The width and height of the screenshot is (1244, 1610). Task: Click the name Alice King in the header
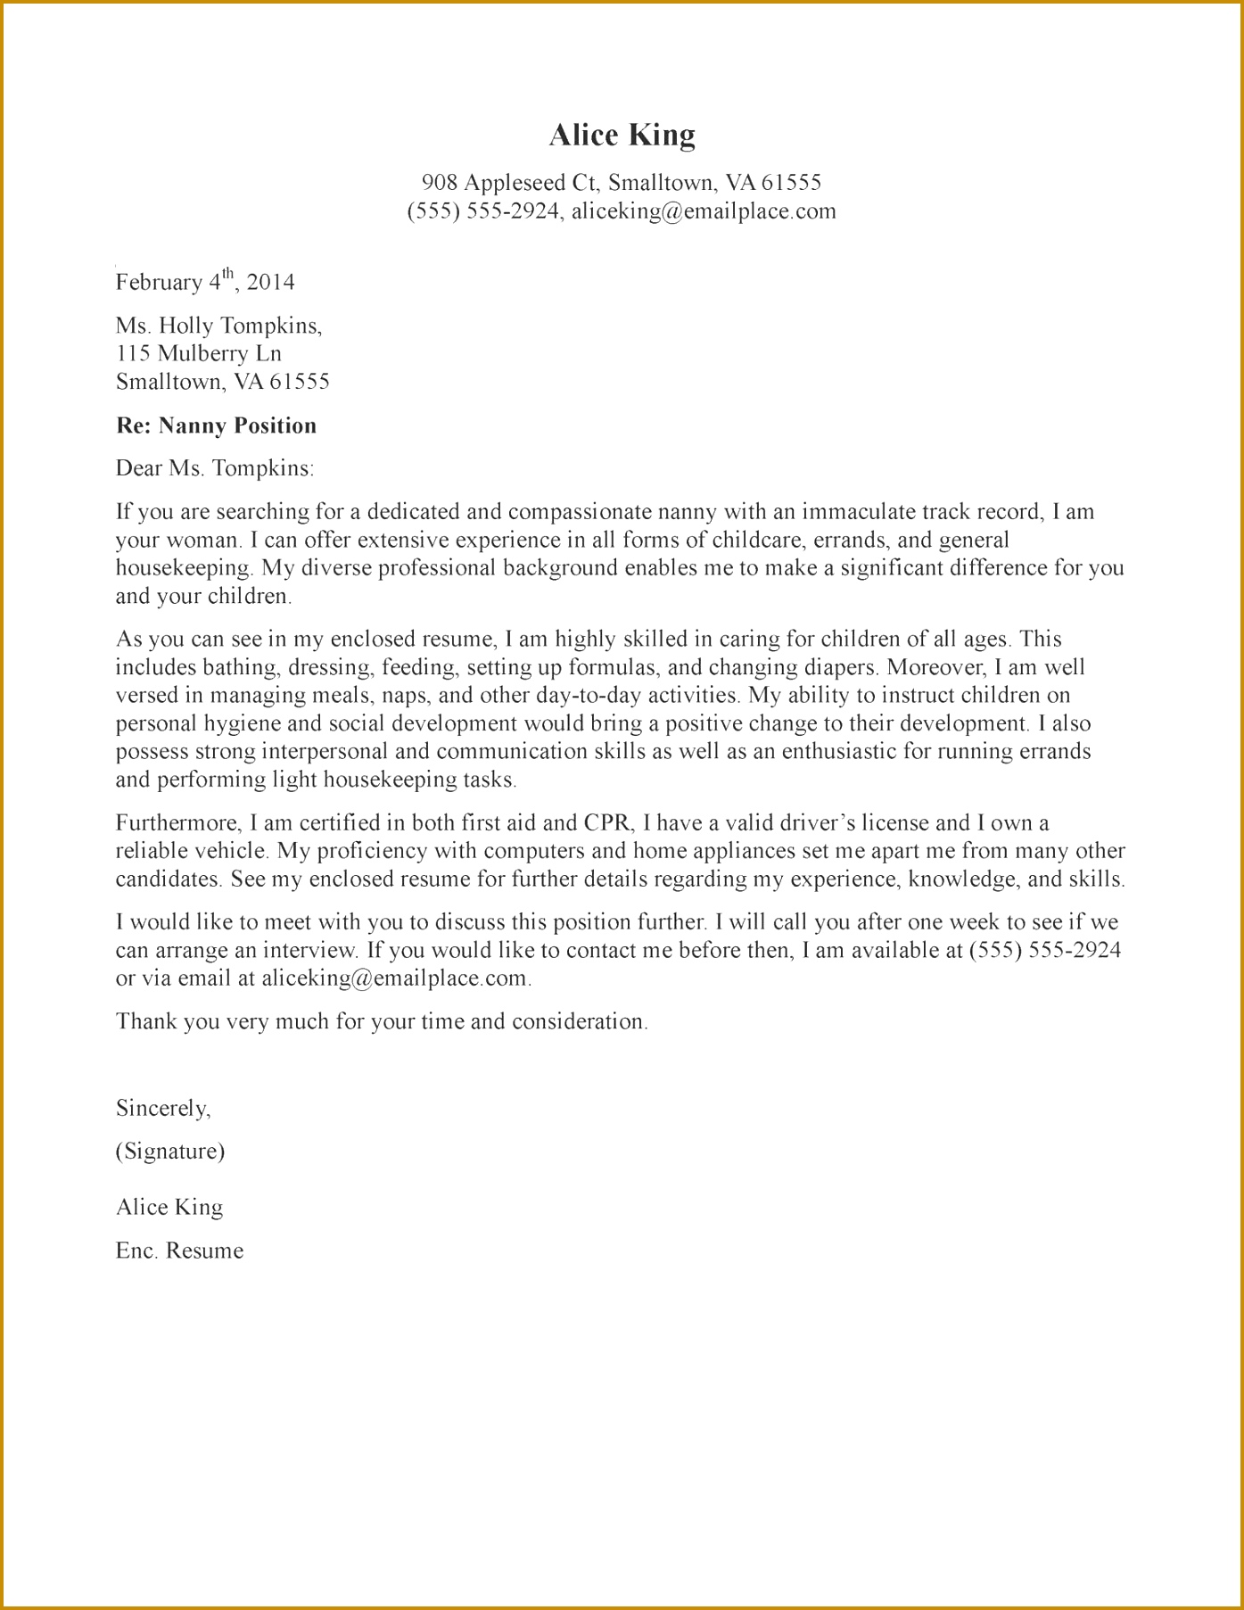(x=622, y=135)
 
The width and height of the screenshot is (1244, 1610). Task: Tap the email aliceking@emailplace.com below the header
(x=704, y=211)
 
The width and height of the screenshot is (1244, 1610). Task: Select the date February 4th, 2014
(x=205, y=282)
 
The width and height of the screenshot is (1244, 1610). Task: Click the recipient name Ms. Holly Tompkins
(x=218, y=326)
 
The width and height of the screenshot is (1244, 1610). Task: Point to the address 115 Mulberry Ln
(x=199, y=353)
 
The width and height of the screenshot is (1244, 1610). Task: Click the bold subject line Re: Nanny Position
(x=216, y=425)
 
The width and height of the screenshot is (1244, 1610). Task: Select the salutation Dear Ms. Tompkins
(x=214, y=468)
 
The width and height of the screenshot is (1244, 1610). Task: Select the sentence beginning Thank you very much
(x=381, y=1021)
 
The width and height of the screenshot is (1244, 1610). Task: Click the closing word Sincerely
(x=163, y=1108)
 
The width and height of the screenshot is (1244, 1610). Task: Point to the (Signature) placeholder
(x=170, y=1152)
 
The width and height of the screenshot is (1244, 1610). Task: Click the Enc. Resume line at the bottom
(x=179, y=1251)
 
